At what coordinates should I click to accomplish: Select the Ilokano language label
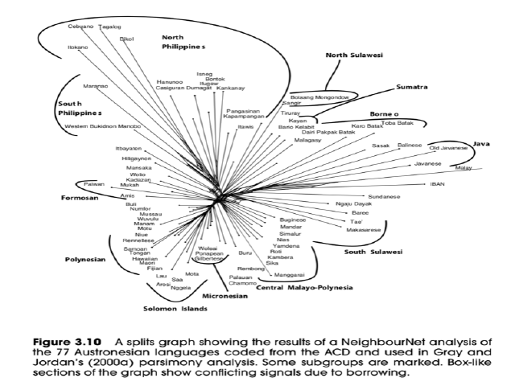[x=77, y=47]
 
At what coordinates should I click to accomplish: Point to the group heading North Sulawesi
[x=353, y=55]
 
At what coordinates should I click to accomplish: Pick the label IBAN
[x=438, y=184]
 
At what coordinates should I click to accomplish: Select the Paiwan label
[x=95, y=183]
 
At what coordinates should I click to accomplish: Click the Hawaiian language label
[x=145, y=259]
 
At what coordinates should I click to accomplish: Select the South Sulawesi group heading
[x=373, y=253]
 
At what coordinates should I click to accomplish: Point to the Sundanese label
[x=384, y=196]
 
